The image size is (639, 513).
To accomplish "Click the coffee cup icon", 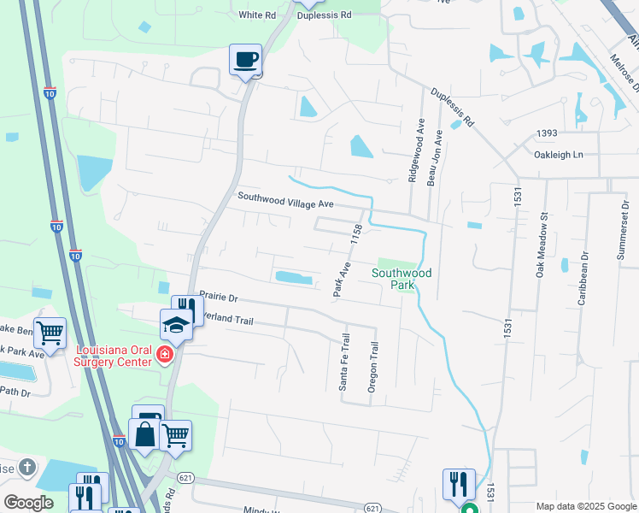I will point(245,60).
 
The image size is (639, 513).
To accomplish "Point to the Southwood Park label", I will point(402,279).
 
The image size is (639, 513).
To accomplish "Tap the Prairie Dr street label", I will point(218,298).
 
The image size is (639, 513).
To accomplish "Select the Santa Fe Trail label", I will point(344,363).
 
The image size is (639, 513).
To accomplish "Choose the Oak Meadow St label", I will point(541,246).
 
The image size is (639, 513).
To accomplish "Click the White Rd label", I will point(257,15).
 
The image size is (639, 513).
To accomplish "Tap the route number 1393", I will point(547,133).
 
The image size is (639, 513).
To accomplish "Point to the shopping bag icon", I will point(144,433).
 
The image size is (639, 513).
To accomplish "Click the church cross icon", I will point(27,467).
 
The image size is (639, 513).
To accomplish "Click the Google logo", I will point(28,503).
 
